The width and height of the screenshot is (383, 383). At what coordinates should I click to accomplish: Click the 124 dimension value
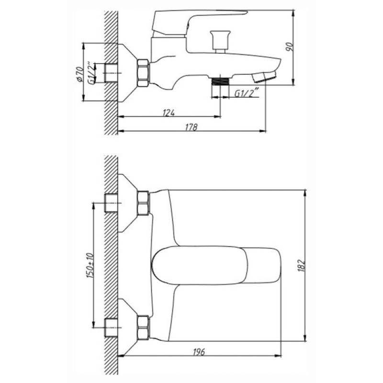click(169, 113)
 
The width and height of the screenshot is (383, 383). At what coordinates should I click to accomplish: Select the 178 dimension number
click(191, 127)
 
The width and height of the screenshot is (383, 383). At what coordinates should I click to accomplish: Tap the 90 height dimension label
click(289, 46)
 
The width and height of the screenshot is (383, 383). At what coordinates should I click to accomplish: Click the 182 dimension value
click(302, 265)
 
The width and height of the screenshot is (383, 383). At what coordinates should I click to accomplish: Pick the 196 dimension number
click(199, 352)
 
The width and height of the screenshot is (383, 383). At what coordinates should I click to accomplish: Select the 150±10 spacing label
click(90, 265)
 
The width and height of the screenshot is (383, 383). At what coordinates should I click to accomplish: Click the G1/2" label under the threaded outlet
click(246, 93)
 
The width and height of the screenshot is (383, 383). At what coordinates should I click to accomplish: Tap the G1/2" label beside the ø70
click(90, 74)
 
